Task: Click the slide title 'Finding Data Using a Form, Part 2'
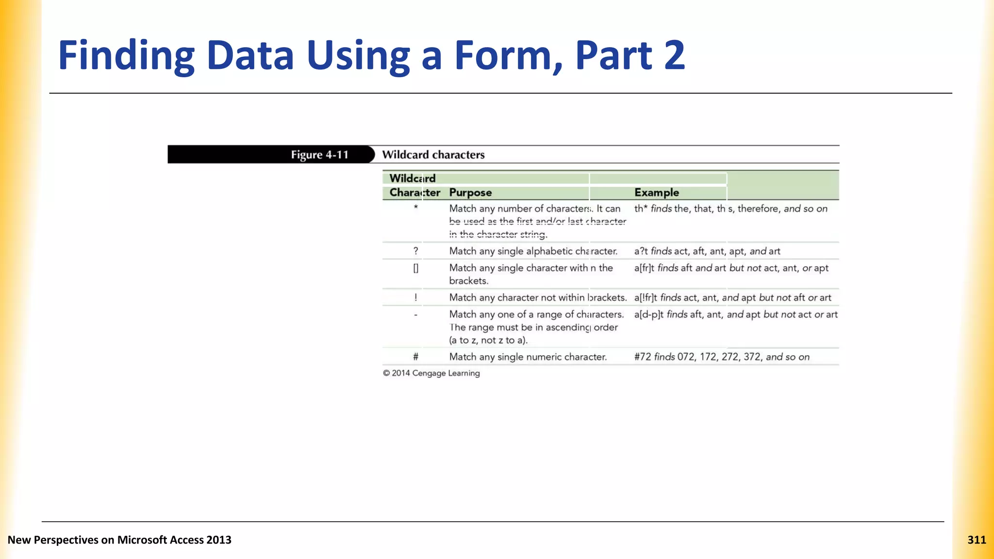(371, 55)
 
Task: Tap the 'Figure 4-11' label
(319, 155)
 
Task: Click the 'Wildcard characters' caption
(433, 155)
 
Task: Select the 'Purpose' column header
(470, 193)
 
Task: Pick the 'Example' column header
(656, 193)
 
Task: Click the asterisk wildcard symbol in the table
(415, 208)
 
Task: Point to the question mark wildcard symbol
(415, 251)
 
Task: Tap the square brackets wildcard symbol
(415, 268)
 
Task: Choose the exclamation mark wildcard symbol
(415, 297)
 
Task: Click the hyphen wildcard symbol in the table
(415, 314)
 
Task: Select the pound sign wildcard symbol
(415, 357)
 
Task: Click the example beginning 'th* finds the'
(730, 209)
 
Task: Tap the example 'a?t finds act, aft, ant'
(707, 251)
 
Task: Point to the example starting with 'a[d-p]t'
(735, 314)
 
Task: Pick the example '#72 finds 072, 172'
(721, 357)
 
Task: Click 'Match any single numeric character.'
(528, 357)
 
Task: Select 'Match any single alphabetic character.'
(533, 251)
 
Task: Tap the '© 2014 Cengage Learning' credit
(431, 373)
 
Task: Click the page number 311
(977, 540)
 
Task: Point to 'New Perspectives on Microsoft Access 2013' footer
(119, 540)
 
